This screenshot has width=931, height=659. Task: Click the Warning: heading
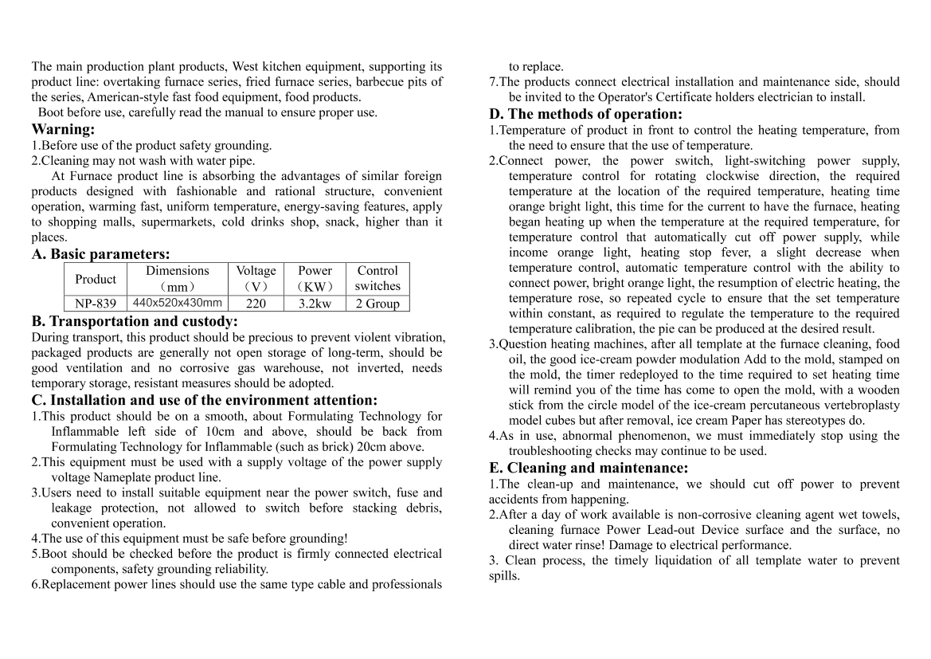(63, 129)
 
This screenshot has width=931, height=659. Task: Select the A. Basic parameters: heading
(100, 254)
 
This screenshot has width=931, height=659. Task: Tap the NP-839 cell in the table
(95, 304)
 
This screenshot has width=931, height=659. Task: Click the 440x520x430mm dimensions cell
(177, 303)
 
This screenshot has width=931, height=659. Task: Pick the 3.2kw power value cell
(315, 304)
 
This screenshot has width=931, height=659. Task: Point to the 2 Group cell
(377, 304)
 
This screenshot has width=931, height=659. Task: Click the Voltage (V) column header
(256, 278)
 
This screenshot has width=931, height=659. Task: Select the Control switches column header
(377, 278)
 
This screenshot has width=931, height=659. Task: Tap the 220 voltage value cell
(256, 304)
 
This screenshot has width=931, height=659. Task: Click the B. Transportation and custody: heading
(135, 321)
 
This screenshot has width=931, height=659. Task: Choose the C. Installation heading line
(205, 400)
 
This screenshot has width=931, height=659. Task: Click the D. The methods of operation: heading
(585, 114)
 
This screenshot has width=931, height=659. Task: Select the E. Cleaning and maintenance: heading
(589, 468)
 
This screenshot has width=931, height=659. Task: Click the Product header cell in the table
(95, 279)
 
